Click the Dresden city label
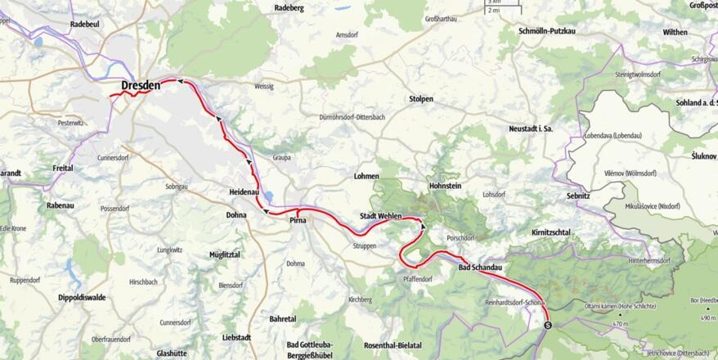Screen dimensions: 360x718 [141, 85]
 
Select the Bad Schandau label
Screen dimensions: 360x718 [479, 268]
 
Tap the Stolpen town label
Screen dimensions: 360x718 [420, 99]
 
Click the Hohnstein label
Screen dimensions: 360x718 [445, 187]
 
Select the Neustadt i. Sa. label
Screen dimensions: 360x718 [532, 129]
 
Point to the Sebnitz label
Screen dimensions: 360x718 [577, 197]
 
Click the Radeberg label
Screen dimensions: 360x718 [289, 7]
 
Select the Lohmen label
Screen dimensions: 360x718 [366, 176]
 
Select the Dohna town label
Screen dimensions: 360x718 [236, 216]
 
